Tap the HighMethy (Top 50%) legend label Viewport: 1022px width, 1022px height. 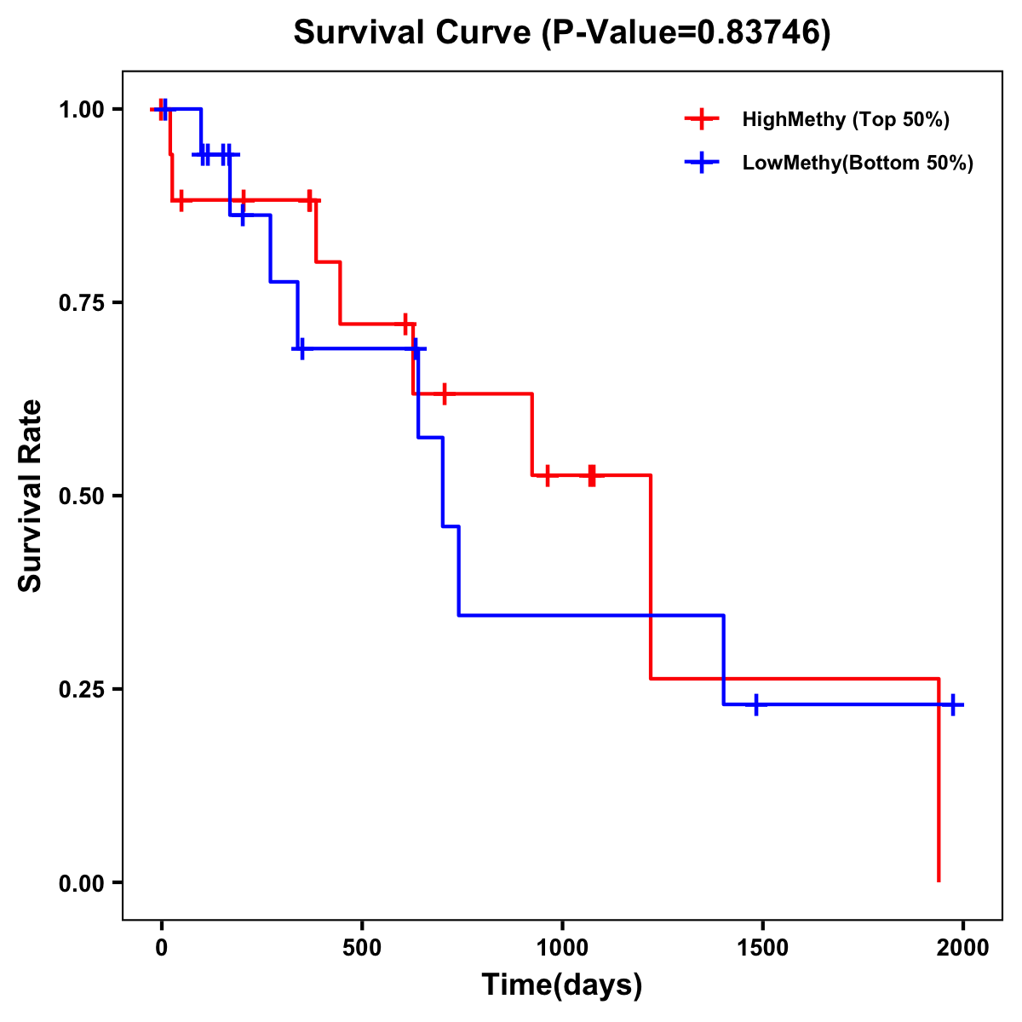click(845, 119)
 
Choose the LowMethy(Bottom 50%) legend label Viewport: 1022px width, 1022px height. click(858, 163)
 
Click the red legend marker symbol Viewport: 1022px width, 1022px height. click(702, 119)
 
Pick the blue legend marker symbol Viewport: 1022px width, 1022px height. click(702, 163)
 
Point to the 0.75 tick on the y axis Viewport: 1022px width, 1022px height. click(81, 302)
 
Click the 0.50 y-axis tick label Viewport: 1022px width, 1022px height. click(81, 496)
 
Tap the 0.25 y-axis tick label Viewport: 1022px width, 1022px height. click(81, 689)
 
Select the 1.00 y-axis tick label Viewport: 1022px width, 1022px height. click(81, 109)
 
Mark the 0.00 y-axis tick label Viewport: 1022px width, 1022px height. click(81, 882)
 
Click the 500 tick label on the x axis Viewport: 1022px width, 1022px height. click(362, 948)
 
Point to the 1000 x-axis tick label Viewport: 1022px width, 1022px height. click(562, 948)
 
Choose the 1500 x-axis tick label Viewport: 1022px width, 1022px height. click(762, 948)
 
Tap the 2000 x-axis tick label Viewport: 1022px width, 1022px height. click(962, 948)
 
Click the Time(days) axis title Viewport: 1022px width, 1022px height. click(562, 985)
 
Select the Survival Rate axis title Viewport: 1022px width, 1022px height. click(31, 496)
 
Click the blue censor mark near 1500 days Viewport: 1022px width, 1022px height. click(755, 705)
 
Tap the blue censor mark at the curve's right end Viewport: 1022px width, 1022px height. click(953, 705)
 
